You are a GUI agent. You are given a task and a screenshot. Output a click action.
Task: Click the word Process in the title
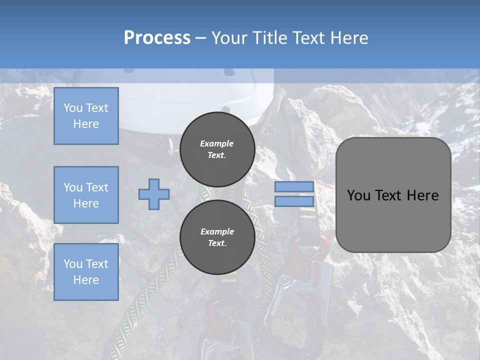pyautogui.click(x=157, y=38)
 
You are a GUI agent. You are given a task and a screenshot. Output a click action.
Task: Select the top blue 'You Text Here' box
pyautogui.click(x=86, y=116)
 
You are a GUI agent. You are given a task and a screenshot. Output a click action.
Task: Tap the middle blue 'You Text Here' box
pyautogui.click(x=86, y=195)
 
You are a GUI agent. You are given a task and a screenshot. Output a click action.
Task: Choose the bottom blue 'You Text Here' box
pyautogui.click(x=86, y=272)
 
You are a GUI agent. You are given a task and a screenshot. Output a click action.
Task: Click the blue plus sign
pyautogui.click(x=153, y=194)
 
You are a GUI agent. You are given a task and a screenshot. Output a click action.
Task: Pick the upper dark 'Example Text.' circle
pyautogui.click(x=217, y=149)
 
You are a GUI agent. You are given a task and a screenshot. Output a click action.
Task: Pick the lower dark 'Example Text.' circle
pyautogui.click(x=217, y=237)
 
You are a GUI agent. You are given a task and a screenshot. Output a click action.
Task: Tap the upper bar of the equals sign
pyautogui.click(x=294, y=187)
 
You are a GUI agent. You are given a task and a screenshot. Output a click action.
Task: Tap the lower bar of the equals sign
pyautogui.click(x=294, y=201)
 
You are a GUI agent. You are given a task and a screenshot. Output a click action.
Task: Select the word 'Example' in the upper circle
pyautogui.click(x=217, y=143)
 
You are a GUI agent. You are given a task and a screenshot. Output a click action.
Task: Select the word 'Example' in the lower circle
pyautogui.click(x=217, y=231)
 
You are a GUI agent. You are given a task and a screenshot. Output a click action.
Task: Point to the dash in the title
pyautogui.click(x=200, y=38)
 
